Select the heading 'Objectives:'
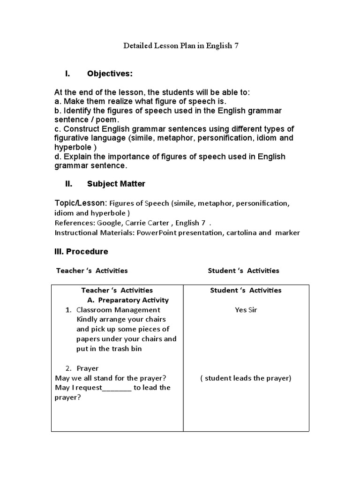[x=110, y=74]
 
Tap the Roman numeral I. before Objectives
[x=67, y=74]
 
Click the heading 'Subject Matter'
[x=116, y=184]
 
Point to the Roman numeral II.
[x=68, y=184]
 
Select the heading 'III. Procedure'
[x=82, y=251]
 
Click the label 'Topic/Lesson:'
[x=81, y=203]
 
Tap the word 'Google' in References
[x=108, y=222]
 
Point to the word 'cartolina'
[x=242, y=232]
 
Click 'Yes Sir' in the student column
[x=246, y=309]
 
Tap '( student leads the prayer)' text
[x=246, y=378]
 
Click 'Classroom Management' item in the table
[x=118, y=309]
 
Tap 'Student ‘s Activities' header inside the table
[x=246, y=290]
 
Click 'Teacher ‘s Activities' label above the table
[x=92, y=270]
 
